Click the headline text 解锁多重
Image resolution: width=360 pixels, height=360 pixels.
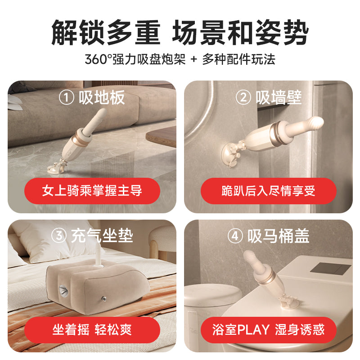[105, 33]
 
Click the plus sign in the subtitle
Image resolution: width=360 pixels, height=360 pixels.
[193, 60]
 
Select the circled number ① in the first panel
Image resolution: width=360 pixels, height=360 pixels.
[67, 98]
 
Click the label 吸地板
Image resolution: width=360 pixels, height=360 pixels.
[102, 98]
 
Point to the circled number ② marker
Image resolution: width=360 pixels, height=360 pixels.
[243, 98]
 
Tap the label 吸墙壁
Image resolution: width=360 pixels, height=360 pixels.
[279, 98]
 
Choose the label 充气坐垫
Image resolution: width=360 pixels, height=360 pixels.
[102, 236]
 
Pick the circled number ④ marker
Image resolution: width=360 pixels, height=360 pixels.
[235, 236]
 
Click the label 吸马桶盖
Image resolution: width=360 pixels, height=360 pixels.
[279, 236]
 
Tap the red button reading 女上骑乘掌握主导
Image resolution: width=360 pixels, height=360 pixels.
[92, 191]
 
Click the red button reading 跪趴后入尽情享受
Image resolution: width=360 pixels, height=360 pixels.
[269, 191]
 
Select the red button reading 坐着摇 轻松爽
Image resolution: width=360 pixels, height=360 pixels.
[92, 330]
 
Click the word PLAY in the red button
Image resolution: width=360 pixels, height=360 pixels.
[253, 330]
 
